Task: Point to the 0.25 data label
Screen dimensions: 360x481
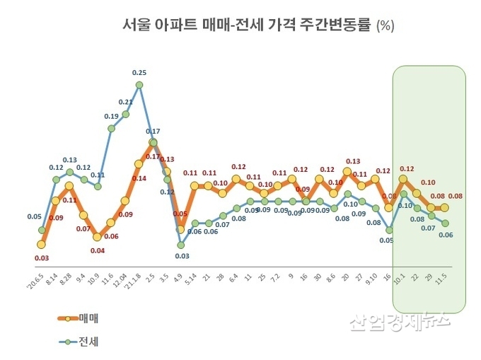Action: point(139,72)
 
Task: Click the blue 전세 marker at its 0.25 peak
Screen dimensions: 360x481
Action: point(139,85)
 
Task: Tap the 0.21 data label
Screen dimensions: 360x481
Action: point(125,102)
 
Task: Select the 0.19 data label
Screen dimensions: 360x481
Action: point(111,116)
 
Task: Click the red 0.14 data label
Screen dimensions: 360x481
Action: point(139,178)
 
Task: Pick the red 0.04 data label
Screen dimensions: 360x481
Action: point(98,250)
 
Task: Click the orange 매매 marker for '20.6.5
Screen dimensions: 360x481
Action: point(42,245)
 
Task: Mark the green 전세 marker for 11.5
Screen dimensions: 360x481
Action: point(445,223)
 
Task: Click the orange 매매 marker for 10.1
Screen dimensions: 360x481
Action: point(403,179)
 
